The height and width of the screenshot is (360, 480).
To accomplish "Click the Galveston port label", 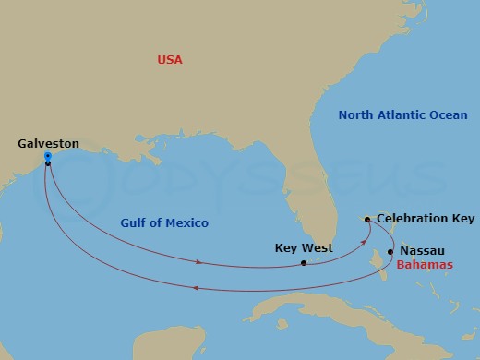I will pyautogui.click(x=48, y=144).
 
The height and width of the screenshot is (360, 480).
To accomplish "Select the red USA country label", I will pyautogui.click(x=170, y=60).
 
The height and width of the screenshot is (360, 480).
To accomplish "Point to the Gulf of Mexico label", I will pyautogui.click(x=164, y=223).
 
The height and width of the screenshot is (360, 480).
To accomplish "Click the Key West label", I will pyautogui.click(x=304, y=247).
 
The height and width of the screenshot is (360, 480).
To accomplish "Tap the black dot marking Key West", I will pyautogui.click(x=304, y=263).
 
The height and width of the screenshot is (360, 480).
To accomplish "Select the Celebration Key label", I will pyautogui.click(x=426, y=219).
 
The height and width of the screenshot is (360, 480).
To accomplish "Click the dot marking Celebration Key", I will pyautogui.click(x=367, y=220).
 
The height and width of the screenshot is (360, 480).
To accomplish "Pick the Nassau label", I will pyautogui.click(x=423, y=250).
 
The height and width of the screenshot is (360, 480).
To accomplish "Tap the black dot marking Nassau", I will pyautogui.click(x=390, y=251).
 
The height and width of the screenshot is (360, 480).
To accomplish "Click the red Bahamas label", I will pyautogui.click(x=425, y=265).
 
